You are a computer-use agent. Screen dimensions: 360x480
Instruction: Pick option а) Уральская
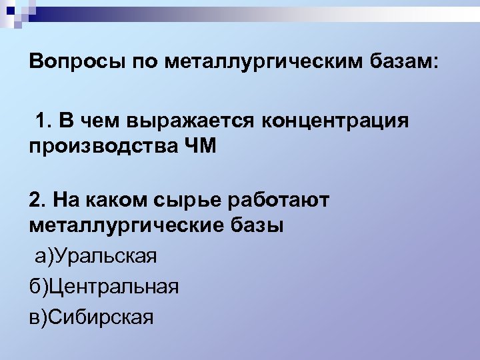coord(94,255)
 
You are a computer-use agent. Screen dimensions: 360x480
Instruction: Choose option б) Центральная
coord(104,287)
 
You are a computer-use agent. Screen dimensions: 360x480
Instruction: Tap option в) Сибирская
coord(92,317)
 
